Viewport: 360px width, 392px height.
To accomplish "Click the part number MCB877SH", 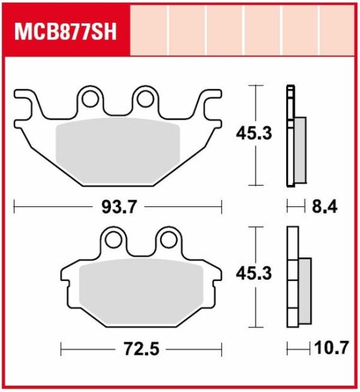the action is [65, 32].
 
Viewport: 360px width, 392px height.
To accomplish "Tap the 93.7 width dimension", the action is [120, 207].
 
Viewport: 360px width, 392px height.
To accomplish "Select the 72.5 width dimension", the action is [142, 349].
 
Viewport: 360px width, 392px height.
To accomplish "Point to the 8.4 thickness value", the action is [325, 206].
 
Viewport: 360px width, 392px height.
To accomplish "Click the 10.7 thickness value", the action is [331, 348].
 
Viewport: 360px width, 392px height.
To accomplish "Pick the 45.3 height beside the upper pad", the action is [254, 133].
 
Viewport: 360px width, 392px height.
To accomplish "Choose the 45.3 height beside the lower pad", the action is [254, 273].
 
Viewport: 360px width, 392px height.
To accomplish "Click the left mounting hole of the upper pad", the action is [90, 99].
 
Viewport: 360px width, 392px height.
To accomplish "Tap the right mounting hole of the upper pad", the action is [145, 99].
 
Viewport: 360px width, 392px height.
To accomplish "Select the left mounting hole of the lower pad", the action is [114, 240].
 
